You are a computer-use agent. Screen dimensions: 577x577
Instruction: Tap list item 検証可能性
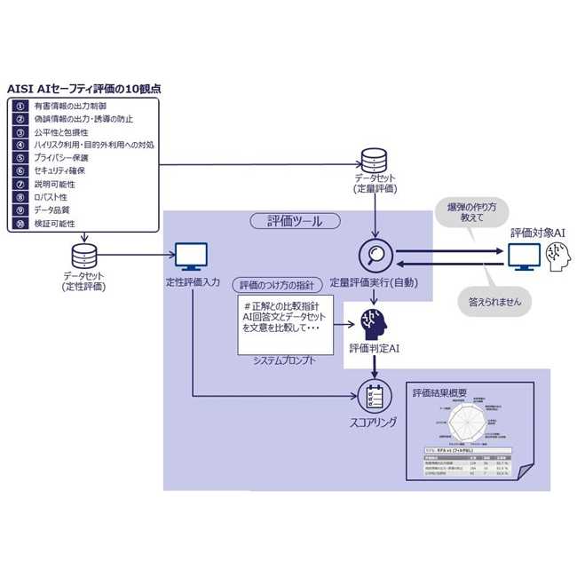[54, 223]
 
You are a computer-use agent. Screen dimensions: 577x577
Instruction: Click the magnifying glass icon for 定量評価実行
[374, 256]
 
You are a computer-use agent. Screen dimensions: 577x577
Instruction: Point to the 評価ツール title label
[294, 221]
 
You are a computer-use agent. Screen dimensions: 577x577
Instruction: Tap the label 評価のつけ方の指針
[277, 285]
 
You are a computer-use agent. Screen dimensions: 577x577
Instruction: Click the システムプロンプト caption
[281, 362]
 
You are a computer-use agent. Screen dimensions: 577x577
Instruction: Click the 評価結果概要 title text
[440, 391]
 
